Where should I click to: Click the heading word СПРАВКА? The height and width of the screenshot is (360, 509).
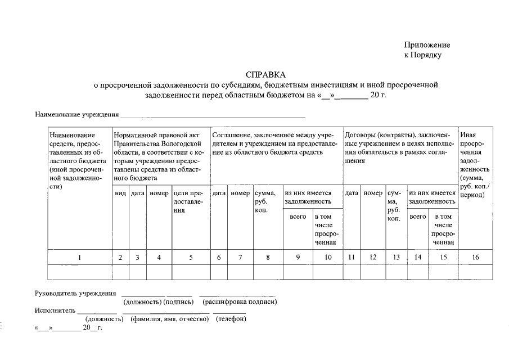point(265,75)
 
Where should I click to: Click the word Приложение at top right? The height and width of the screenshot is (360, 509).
point(427,45)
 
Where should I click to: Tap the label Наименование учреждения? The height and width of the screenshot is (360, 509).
point(76,115)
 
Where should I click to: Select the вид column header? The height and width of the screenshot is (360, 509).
point(120,193)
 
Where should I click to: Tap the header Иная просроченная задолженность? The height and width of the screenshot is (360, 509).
point(475,163)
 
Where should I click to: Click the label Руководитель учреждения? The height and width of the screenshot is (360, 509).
point(75,293)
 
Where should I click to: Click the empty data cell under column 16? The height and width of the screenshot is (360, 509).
point(475,272)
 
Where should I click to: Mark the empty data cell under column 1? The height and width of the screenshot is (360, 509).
point(79,272)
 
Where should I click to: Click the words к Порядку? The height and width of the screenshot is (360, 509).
point(423,55)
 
